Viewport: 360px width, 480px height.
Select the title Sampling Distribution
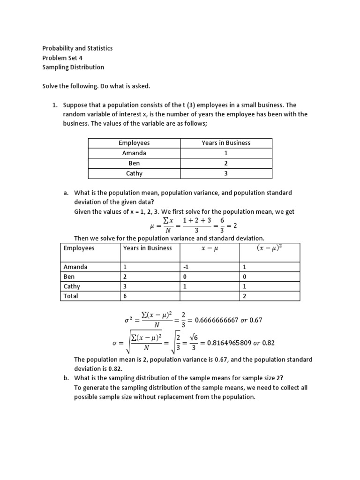pyautogui.click(x=73, y=67)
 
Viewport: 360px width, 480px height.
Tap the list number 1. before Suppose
pyautogui.click(x=54, y=105)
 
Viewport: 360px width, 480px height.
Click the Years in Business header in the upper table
pyautogui.click(x=226, y=143)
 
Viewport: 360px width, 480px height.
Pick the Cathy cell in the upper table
pyautogui.click(x=134, y=173)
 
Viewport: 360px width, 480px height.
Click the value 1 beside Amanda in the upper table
pyautogui.click(x=226, y=153)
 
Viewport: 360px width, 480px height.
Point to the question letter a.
pyautogui.click(x=66, y=193)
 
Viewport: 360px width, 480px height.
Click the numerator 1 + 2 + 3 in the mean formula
pyautogui.click(x=197, y=220)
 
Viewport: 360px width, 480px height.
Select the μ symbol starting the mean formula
pyautogui.click(x=152, y=225)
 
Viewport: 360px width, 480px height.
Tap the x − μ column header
pyautogui.click(x=210, y=248)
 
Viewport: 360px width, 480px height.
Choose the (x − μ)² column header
pyautogui.click(x=270, y=248)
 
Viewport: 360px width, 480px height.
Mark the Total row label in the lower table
pyautogui.click(x=71, y=296)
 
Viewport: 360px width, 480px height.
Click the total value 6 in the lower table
pyautogui.click(x=125, y=296)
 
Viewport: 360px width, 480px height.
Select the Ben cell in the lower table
pyautogui.click(x=69, y=277)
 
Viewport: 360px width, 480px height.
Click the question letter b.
pyautogui.click(x=66, y=379)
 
